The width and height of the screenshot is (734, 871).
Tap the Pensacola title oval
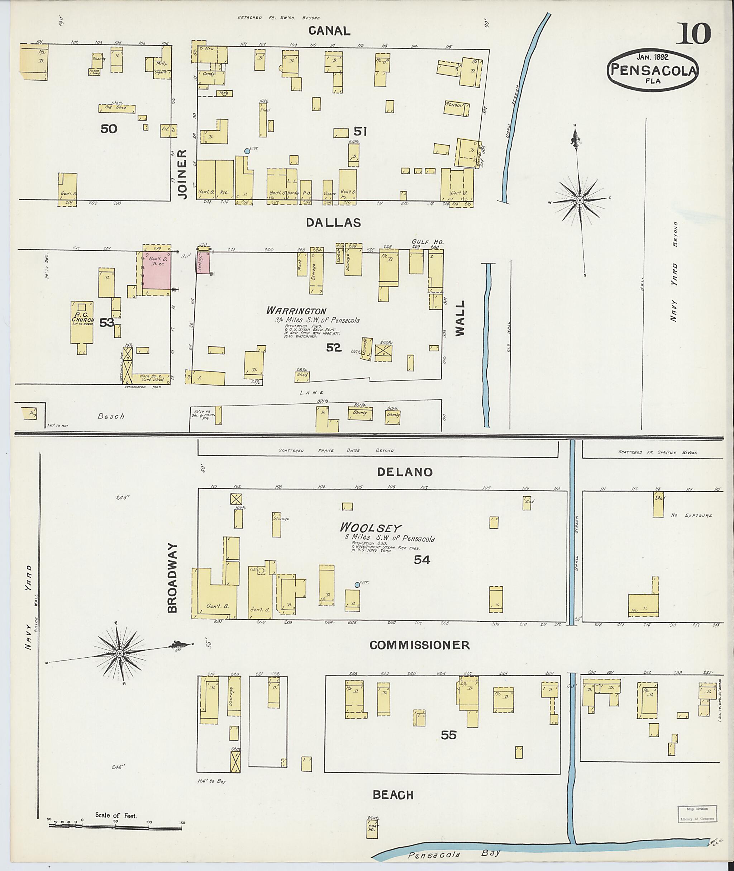[652, 70]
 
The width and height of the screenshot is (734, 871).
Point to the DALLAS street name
[333, 223]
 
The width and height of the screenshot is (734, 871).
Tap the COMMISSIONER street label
[419, 645]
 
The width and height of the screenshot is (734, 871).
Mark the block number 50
[109, 129]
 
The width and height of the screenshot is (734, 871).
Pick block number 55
[449, 735]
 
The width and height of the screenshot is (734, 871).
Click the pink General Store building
[157, 270]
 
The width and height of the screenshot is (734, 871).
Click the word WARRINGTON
[296, 311]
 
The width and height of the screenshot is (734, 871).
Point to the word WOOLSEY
[364, 527]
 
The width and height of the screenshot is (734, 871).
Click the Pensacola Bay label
[453, 855]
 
